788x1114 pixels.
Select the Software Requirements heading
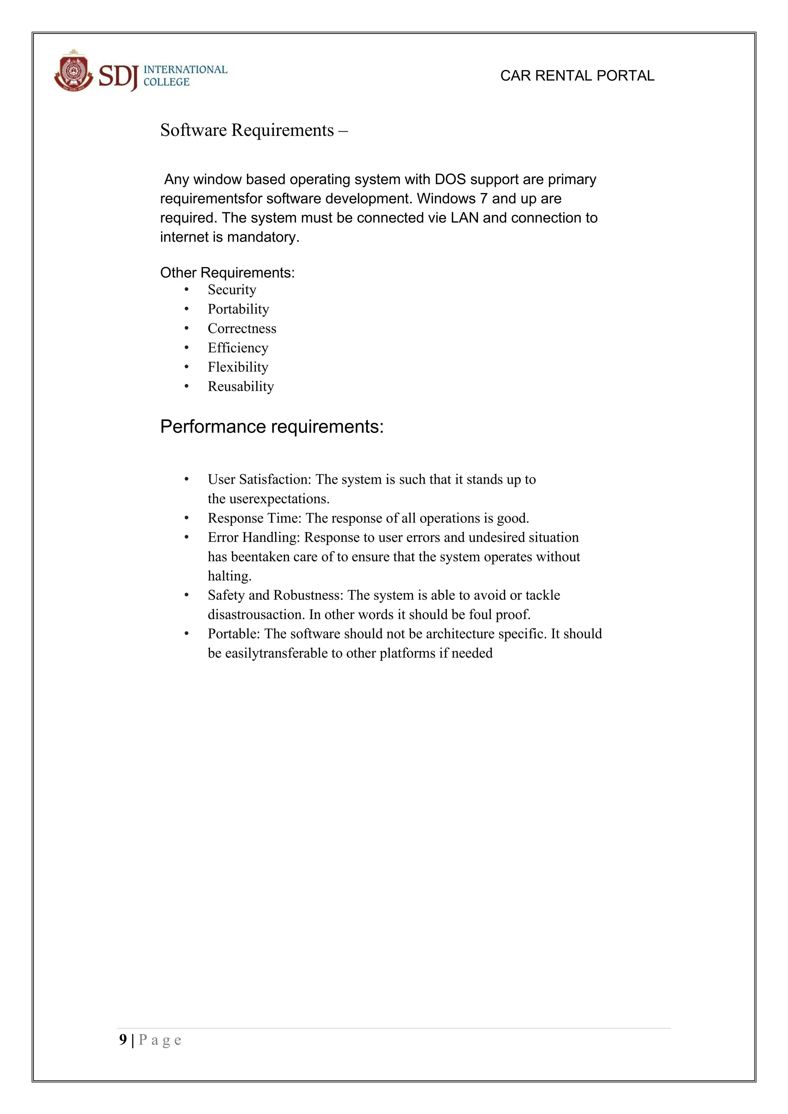(x=254, y=130)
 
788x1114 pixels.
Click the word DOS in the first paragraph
(x=450, y=180)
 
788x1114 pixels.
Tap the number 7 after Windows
(x=483, y=199)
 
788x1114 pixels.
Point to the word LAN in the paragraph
(x=464, y=218)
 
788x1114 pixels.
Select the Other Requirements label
(x=227, y=273)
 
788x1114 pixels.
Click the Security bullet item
(x=232, y=290)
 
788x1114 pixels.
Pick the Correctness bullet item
(x=242, y=329)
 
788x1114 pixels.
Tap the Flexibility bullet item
(x=238, y=367)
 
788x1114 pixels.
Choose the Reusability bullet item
(x=240, y=386)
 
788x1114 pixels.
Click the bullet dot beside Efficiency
(x=186, y=348)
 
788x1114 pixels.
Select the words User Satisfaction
(x=259, y=479)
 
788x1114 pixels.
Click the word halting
(x=229, y=576)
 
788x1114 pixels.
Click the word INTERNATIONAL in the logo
(x=185, y=69)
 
